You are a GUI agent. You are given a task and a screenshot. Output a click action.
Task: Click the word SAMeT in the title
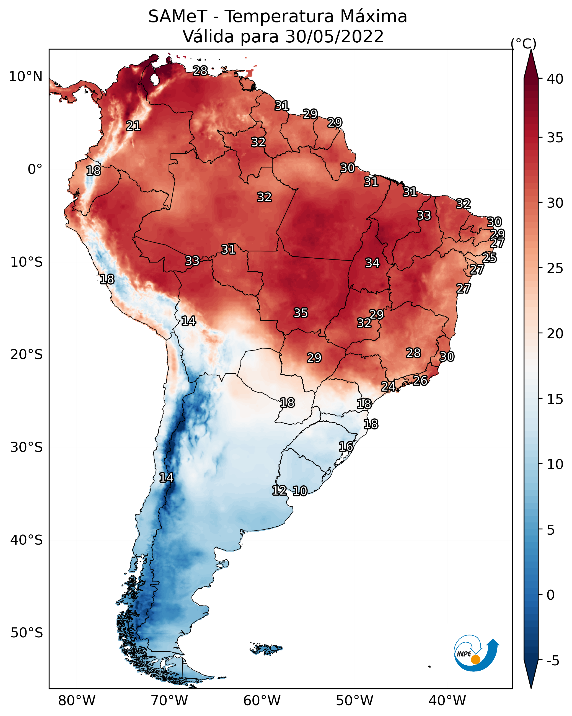(x=178, y=17)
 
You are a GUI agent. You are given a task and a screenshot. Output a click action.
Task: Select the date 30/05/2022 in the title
(x=334, y=37)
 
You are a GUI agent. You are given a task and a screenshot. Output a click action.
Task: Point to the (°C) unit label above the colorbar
(x=524, y=44)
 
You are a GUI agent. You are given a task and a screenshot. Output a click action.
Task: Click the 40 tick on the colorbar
(x=555, y=79)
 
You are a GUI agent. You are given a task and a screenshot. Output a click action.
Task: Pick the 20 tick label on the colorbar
(x=555, y=334)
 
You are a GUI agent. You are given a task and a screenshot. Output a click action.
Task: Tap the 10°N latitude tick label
(x=25, y=77)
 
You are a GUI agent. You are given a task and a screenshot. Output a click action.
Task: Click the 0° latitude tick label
(x=35, y=169)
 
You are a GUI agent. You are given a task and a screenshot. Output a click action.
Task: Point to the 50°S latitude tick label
(x=27, y=633)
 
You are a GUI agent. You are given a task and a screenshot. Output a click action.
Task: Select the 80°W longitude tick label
(x=77, y=701)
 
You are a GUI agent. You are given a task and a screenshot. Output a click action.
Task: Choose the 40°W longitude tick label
(x=447, y=701)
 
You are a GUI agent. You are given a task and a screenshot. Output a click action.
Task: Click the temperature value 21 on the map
(x=133, y=126)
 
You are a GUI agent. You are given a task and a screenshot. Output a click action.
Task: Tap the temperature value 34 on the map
(x=372, y=263)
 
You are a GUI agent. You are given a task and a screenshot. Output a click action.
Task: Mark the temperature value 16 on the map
(x=346, y=447)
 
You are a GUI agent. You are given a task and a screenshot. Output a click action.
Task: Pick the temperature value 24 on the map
(x=388, y=387)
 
